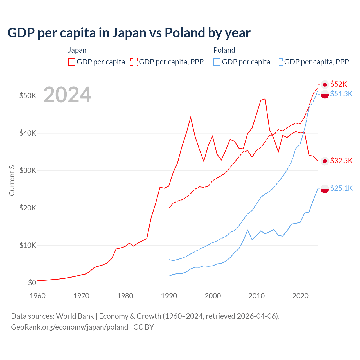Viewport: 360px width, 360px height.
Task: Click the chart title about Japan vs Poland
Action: tap(129, 33)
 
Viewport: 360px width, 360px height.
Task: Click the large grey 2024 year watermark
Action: tap(67, 95)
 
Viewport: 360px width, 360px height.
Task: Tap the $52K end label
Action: tap(339, 84)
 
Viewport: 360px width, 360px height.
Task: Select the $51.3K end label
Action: tap(341, 94)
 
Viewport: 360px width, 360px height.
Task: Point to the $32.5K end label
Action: tap(341, 161)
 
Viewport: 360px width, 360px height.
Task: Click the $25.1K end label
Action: tap(341, 188)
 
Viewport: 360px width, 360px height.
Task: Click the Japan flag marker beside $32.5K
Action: tap(325, 161)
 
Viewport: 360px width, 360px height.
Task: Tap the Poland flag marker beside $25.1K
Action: tap(325, 189)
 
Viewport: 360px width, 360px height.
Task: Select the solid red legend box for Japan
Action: tap(72, 62)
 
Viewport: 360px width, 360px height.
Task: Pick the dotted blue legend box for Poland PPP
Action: tap(279, 62)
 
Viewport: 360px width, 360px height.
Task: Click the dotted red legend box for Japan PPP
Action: tap(134, 62)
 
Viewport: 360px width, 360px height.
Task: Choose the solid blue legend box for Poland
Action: tap(217, 62)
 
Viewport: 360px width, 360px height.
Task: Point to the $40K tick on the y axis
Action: tap(28, 133)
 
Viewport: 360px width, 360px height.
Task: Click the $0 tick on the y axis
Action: tap(32, 283)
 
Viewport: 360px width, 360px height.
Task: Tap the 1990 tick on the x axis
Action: tap(169, 296)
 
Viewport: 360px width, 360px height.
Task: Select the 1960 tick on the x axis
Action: tap(37, 296)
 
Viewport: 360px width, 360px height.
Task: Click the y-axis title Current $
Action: tap(12, 181)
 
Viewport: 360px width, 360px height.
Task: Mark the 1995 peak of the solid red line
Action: tap(191, 117)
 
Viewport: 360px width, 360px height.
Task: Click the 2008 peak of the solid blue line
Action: tap(247, 230)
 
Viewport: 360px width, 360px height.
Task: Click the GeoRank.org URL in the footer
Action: tap(69, 327)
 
